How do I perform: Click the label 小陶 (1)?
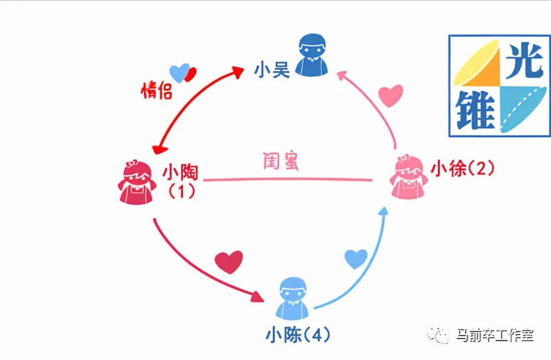(182, 182)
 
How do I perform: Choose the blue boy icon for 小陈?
(294, 298)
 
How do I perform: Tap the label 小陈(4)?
(298, 335)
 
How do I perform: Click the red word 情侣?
(157, 91)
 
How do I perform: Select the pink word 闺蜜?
(280, 163)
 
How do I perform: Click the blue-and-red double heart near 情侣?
(182, 73)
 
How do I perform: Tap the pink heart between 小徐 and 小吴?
(391, 95)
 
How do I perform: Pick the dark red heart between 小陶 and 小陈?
(229, 262)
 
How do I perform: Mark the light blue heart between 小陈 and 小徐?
(356, 259)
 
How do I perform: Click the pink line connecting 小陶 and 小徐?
(288, 179)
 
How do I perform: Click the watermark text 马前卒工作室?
(495, 336)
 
